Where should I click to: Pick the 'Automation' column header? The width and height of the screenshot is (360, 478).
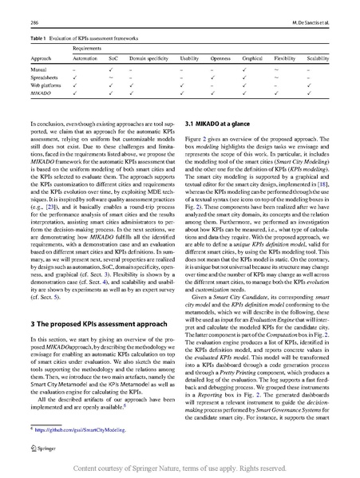pos(85,59)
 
